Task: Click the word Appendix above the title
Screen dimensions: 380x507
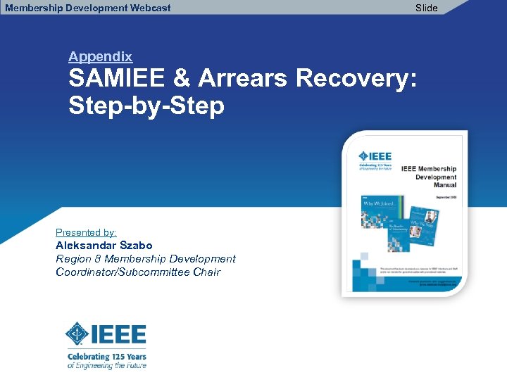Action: click(100, 57)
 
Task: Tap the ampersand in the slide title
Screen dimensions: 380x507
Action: click(182, 79)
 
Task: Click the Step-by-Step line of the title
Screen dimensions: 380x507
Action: click(146, 106)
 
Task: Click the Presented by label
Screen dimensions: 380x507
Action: click(86, 232)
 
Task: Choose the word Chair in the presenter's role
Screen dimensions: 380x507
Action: click(206, 272)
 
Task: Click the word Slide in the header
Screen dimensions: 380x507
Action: click(426, 8)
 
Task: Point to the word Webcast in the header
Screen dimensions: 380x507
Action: click(148, 8)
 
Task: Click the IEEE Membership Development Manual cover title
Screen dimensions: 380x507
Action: click(430, 177)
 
